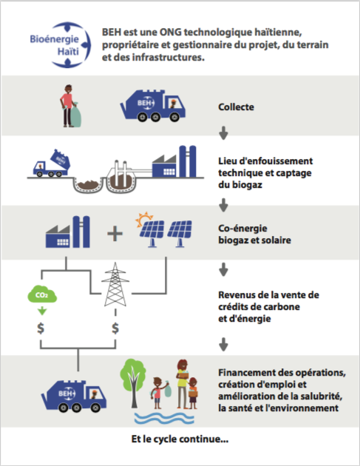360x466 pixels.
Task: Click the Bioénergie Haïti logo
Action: [x=61, y=45]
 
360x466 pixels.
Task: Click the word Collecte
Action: [x=236, y=107]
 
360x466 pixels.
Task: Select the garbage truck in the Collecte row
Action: [x=153, y=106]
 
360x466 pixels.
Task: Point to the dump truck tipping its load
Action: [x=52, y=163]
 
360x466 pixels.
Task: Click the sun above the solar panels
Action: [x=143, y=219]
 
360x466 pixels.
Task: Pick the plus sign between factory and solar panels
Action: [x=115, y=233]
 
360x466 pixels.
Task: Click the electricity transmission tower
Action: [x=115, y=284]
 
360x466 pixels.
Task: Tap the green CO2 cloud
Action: [x=42, y=294]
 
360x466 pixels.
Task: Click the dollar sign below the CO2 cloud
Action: [x=41, y=328]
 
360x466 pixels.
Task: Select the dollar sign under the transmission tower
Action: [x=115, y=328]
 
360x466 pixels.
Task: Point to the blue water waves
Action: [x=164, y=418]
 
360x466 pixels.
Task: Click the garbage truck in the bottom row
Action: [x=74, y=396]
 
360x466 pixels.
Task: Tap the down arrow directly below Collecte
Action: [x=223, y=133]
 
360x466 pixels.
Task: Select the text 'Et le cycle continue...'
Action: [x=180, y=439]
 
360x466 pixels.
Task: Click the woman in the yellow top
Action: [x=182, y=384]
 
